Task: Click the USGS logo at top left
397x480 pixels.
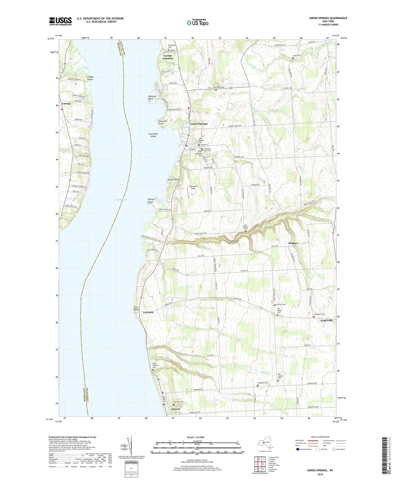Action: pos(60,21)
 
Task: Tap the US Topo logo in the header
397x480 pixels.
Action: pos(197,23)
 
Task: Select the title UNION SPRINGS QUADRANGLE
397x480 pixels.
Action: pos(328,18)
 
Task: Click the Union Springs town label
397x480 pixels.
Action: pos(199,124)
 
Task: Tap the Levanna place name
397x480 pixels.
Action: pos(148,312)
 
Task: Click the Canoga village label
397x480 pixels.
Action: pos(66,104)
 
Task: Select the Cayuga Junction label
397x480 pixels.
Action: pos(168,57)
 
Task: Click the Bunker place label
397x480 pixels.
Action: pos(293,243)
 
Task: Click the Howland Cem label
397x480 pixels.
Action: pos(263,383)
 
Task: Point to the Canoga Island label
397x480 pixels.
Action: pos(90,78)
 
